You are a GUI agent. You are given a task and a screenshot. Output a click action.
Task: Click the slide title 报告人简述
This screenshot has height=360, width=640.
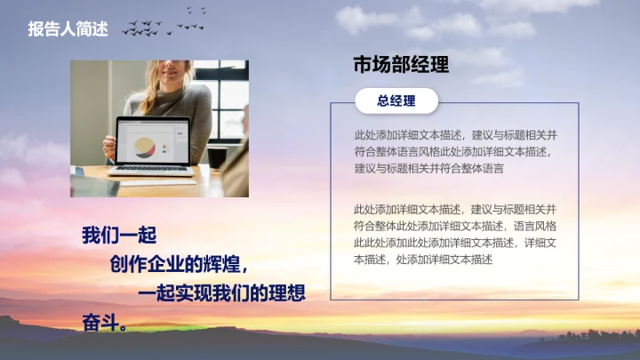pyautogui.click(x=68, y=29)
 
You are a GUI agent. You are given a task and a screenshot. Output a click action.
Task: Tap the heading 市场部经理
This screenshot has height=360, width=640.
pyautogui.click(x=401, y=65)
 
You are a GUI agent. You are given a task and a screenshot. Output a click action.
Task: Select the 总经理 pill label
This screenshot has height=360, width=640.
pyautogui.click(x=396, y=101)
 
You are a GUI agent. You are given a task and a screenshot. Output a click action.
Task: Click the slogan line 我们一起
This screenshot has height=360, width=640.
pyautogui.click(x=119, y=236)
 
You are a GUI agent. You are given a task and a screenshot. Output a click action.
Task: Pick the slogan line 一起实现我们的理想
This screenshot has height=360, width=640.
pyautogui.click(x=222, y=293)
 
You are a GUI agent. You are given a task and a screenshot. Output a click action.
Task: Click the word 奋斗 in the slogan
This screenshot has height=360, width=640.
pyautogui.click(x=100, y=320)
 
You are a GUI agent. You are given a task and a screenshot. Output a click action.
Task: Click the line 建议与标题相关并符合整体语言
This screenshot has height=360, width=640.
pyautogui.click(x=428, y=168)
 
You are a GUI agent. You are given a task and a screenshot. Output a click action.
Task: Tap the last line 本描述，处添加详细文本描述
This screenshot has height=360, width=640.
pyautogui.click(x=422, y=260)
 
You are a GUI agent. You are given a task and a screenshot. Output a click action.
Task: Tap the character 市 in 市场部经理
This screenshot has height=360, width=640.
pyautogui.click(x=363, y=65)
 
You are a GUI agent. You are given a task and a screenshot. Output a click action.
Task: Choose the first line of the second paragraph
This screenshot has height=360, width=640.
pyautogui.click(x=455, y=209)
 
